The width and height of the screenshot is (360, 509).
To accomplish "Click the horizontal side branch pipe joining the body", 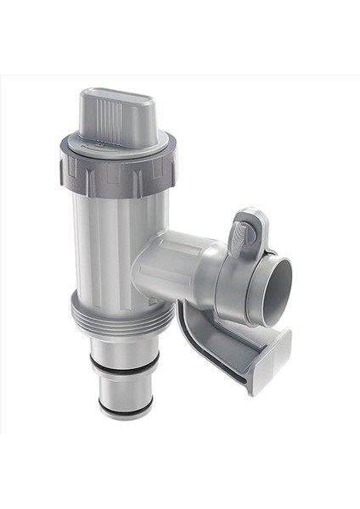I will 170,267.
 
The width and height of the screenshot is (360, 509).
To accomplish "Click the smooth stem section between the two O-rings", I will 124,386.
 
